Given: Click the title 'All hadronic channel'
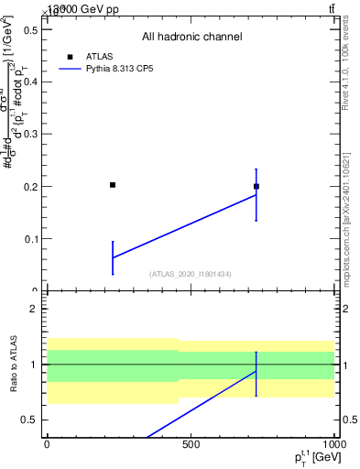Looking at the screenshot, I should [x=191, y=37].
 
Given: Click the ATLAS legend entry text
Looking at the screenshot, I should [x=100, y=56].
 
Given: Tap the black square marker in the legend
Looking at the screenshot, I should [x=69, y=56].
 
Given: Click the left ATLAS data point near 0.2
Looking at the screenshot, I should [x=113, y=185].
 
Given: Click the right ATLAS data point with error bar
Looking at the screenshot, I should [x=256, y=186].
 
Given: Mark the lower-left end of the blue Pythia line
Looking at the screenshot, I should [x=113, y=257].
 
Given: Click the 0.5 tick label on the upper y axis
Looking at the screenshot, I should [x=27, y=29].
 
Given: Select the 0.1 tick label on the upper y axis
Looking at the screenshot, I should [x=27, y=239].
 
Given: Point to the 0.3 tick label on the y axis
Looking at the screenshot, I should [x=27, y=135].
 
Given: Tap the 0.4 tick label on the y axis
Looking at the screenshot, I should [x=27, y=82].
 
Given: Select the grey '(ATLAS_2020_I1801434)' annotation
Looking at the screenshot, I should [x=191, y=274].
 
